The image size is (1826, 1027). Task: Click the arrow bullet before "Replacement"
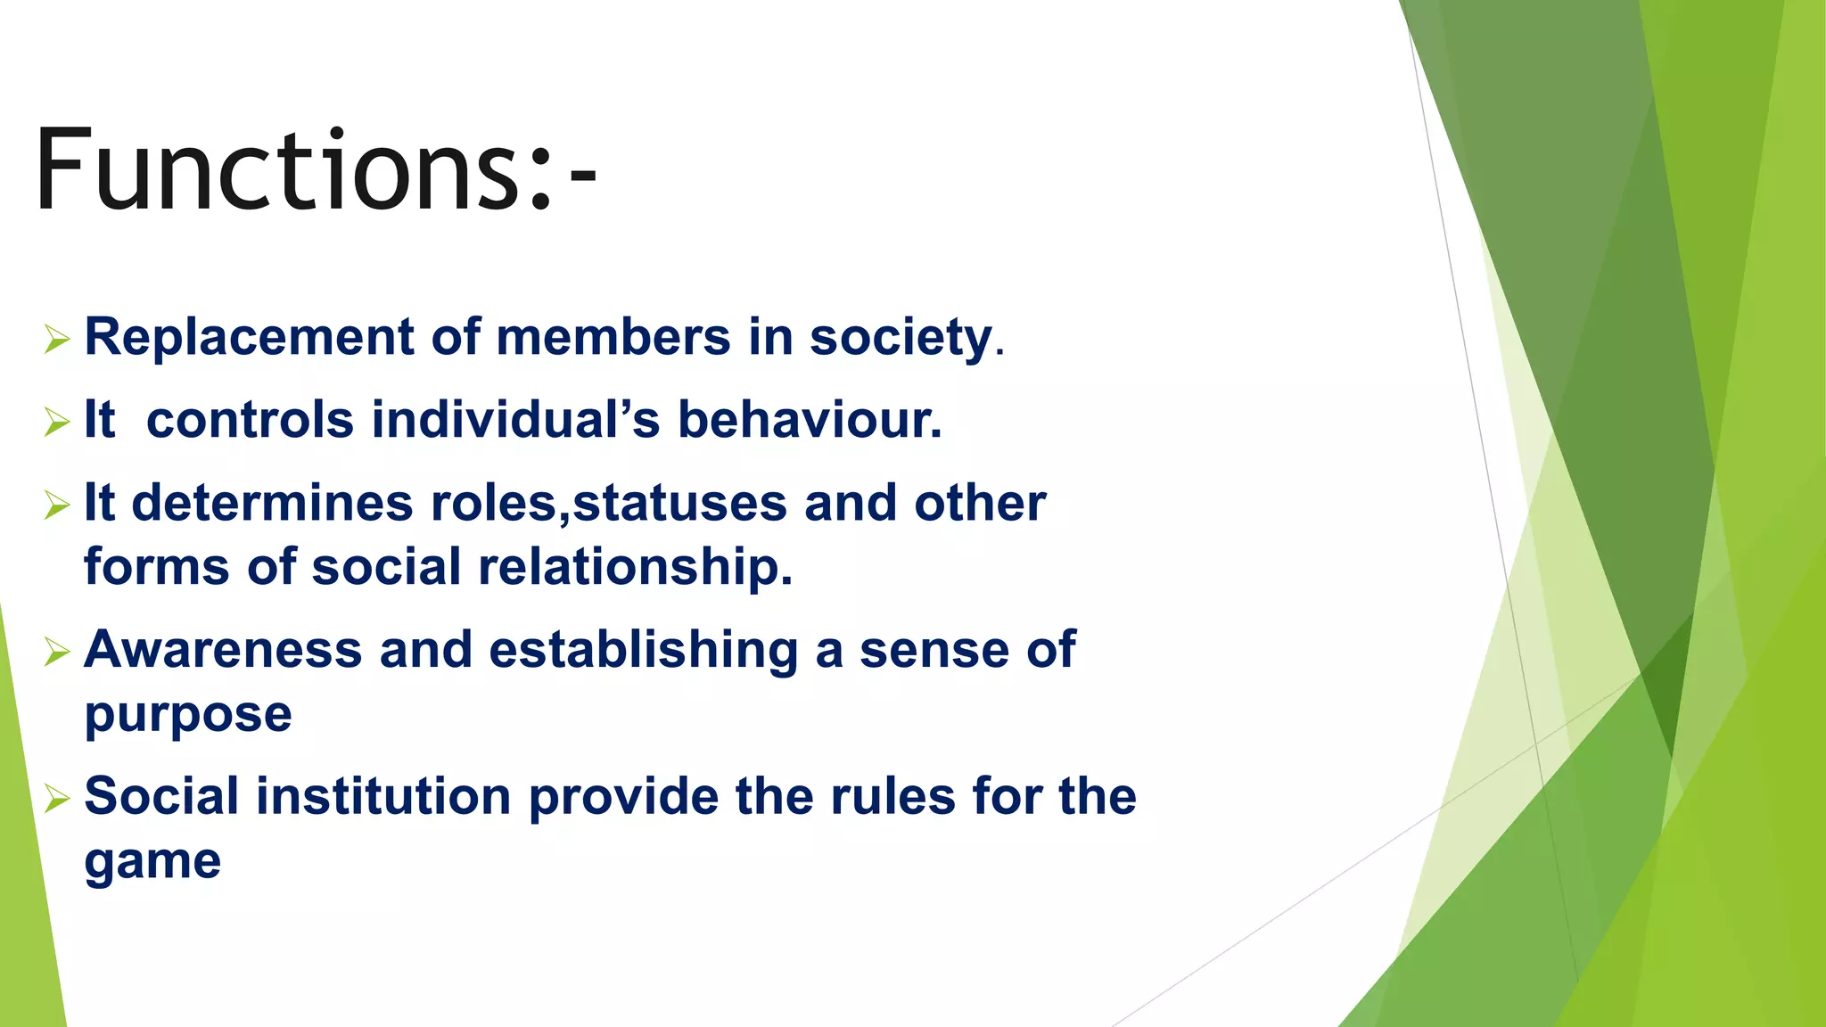pos(56,339)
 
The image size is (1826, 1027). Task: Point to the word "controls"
pos(250,420)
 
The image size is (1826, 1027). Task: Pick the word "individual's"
pos(515,420)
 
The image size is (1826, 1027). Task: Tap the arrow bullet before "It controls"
pos(56,422)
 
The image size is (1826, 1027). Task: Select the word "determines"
pos(272,504)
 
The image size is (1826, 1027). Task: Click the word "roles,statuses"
pos(609,504)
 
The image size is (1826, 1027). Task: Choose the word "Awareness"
pos(223,650)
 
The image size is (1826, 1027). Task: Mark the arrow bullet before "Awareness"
pos(56,653)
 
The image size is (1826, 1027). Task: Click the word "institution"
pos(383,796)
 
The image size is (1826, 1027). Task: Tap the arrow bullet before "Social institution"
pos(56,799)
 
